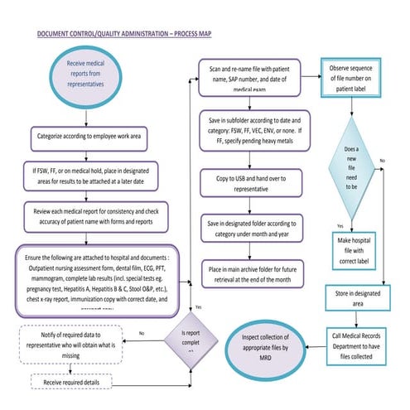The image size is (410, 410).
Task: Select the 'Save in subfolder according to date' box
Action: point(253,135)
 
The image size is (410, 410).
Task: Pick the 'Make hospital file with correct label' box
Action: point(355,249)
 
